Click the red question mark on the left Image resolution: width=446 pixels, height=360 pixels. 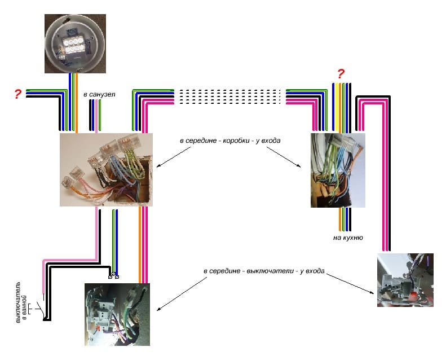click(18, 94)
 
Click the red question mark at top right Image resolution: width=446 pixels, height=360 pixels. click(341, 73)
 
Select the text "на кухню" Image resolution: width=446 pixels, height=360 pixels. click(347, 238)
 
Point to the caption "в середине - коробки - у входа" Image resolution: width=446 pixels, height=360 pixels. click(230, 139)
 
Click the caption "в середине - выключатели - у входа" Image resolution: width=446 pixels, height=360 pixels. click(264, 271)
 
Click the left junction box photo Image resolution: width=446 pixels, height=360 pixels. click(106, 169)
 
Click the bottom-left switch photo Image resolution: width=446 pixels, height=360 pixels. click(117, 314)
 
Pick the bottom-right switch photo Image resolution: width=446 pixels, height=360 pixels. click(405, 280)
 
